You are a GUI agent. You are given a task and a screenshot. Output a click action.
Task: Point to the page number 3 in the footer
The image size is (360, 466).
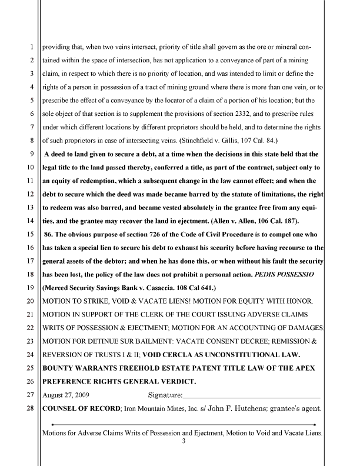tap(184, 442)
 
